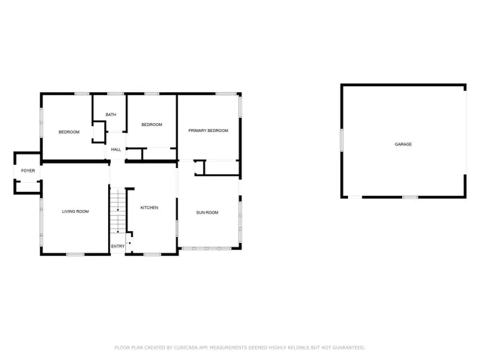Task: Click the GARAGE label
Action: point(403,144)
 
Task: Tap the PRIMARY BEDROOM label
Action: point(208,130)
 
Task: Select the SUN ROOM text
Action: point(207,212)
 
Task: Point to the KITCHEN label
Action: point(148,207)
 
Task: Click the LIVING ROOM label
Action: point(75,211)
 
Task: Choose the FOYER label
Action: point(28,171)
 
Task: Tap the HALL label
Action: point(116,149)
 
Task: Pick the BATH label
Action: point(110,115)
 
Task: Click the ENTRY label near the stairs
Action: point(118,246)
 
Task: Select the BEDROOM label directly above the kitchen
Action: point(151,124)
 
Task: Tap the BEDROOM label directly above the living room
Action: point(69,132)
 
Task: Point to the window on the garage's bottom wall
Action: point(409,197)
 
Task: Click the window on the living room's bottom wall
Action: point(75,255)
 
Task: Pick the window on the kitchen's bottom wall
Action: point(152,255)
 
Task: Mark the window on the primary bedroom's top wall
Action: point(226,94)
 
